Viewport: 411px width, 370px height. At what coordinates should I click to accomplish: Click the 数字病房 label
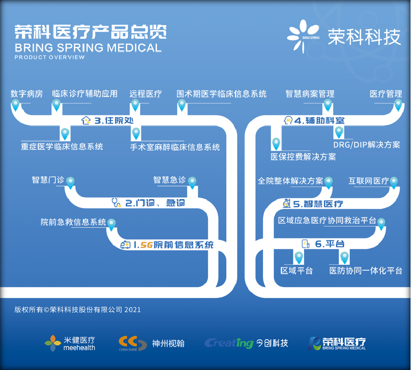pos(26,94)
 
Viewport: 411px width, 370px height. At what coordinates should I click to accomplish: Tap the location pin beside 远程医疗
pos(135,105)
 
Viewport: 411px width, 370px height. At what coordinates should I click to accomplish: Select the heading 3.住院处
pos(114,121)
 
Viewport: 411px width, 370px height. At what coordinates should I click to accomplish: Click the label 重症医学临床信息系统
pos(62,147)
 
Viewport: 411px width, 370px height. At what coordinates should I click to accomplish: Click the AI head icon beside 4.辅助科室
pos(288,120)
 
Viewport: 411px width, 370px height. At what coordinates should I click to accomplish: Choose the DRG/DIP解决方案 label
pos(366,145)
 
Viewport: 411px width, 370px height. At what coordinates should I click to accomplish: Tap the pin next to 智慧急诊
pos(192,183)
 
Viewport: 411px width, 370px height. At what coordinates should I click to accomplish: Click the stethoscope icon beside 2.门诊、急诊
pos(116,203)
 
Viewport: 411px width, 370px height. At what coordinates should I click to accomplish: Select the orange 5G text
pos(147,245)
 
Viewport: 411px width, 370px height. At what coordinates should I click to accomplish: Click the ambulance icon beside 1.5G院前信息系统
pos(125,245)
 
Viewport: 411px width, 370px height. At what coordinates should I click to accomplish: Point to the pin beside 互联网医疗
pos(394,182)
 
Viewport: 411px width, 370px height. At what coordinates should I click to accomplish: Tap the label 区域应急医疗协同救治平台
pos(327,221)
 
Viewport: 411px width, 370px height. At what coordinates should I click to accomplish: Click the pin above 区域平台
pos(298,258)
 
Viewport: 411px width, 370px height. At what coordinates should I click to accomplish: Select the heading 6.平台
pos(329,244)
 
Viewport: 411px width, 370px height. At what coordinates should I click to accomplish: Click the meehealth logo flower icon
pos(53,343)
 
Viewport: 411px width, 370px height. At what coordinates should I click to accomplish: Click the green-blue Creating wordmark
pos(229,343)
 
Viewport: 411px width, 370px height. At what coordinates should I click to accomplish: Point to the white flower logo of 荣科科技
pos(303,36)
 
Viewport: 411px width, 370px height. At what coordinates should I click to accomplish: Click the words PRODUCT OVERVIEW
pos(49,57)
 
